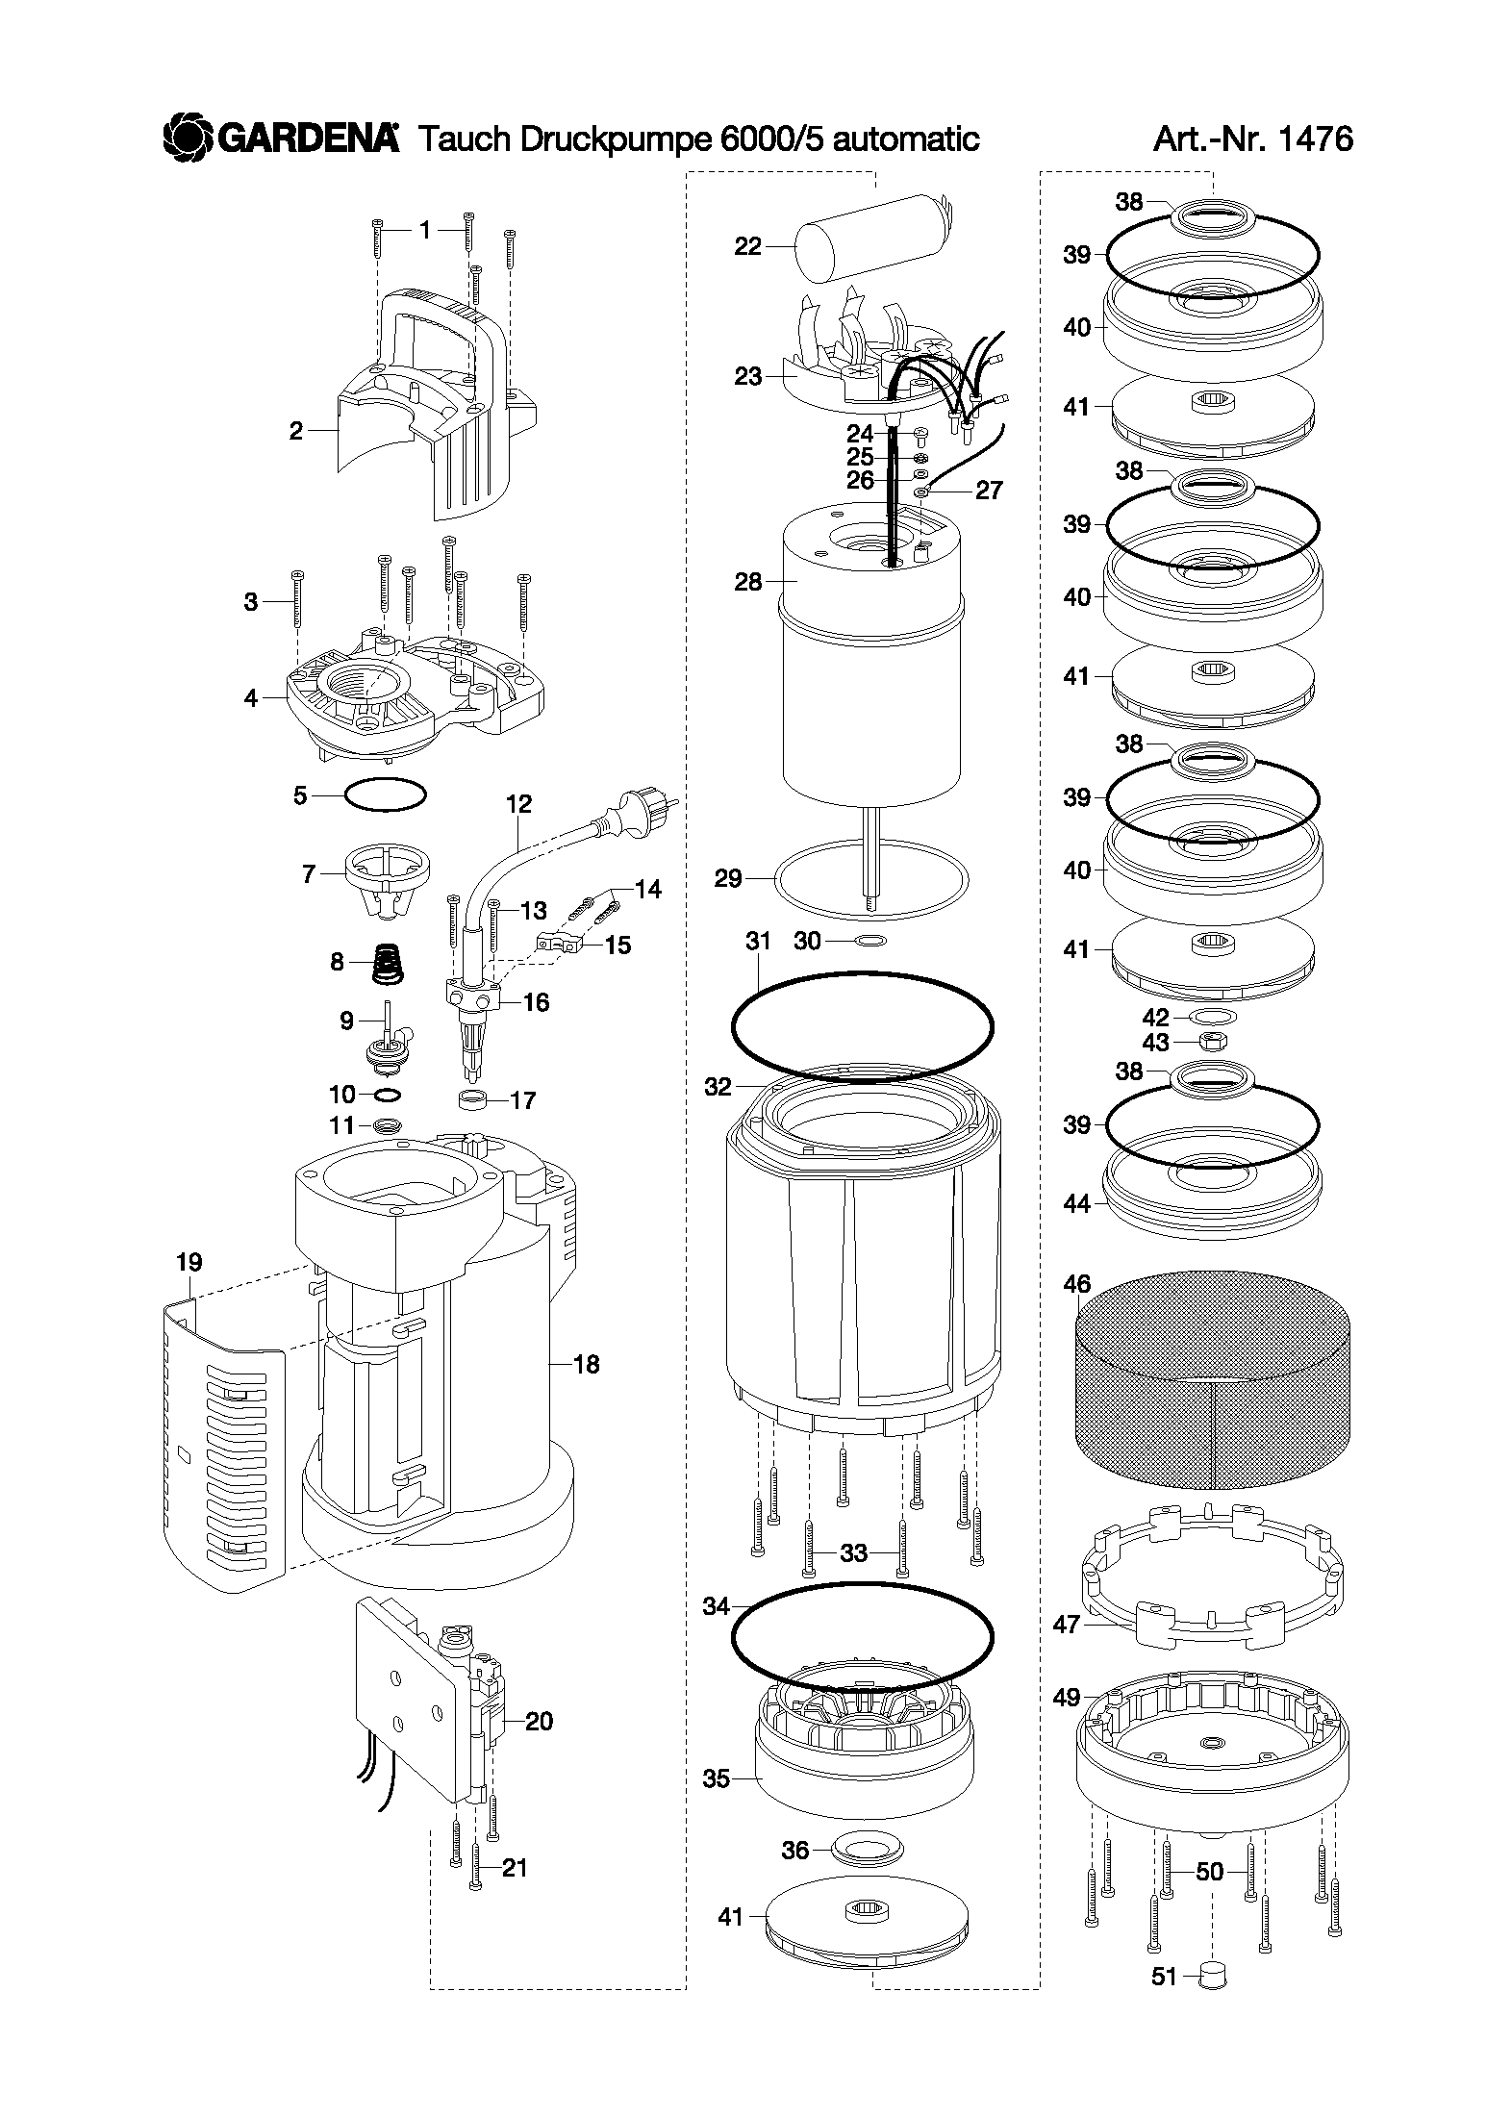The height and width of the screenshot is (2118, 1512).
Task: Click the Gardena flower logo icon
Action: [187, 137]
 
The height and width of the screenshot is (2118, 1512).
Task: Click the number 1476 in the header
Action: [1315, 139]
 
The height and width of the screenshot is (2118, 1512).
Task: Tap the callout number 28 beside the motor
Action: [747, 582]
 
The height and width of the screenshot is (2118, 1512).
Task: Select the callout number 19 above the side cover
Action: [189, 1261]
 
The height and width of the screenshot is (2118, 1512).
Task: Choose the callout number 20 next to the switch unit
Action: [540, 1721]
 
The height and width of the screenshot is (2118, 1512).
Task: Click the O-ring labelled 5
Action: [386, 795]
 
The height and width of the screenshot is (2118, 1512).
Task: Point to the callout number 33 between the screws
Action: [853, 1552]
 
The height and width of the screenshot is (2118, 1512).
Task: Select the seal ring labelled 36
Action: [869, 1849]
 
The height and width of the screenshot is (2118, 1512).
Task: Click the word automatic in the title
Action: [905, 139]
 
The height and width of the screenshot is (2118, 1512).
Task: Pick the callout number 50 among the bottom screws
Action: [1209, 1872]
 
